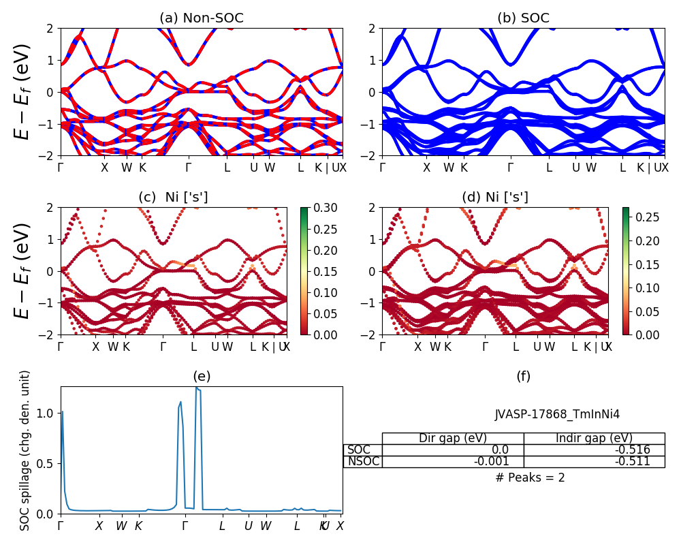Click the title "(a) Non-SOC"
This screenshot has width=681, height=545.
(201, 18)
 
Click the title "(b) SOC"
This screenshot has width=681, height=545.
(523, 18)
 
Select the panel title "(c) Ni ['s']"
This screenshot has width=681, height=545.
(173, 197)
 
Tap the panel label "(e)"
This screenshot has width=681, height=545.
(201, 376)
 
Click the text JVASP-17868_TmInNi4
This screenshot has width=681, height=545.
(557, 414)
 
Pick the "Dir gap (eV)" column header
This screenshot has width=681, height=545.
(452, 438)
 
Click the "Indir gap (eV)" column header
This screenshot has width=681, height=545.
(594, 438)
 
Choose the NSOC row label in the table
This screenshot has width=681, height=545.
(362, 461)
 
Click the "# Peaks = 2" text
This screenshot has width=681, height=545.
(530, 478)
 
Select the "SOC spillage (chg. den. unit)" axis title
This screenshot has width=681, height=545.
(25, 450)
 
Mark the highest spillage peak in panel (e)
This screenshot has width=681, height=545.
(196, 388)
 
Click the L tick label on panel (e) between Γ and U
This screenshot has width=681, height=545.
(222, 526)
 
